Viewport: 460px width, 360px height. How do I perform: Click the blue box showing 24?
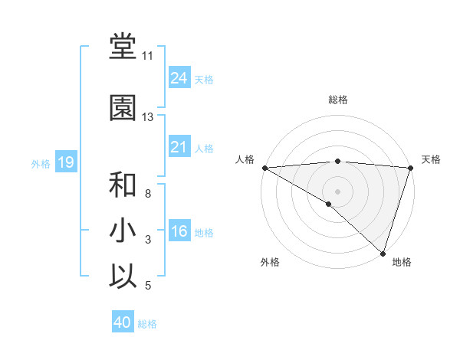[179, 78]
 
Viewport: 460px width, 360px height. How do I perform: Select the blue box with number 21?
[179, 147]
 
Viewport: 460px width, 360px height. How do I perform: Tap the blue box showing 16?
[179, 231]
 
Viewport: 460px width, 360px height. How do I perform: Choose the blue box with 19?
[65, 162]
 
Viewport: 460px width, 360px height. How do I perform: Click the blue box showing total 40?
[123, 322]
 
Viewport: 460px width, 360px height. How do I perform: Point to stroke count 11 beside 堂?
[147, 56]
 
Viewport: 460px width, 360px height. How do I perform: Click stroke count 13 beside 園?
[147, 117]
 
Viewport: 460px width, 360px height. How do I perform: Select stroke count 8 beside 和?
[147, 194]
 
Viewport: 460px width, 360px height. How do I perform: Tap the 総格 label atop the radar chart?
[337, 100]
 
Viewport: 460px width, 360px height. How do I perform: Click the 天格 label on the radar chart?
[431, 159]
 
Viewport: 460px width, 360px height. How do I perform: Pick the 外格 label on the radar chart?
[269, 262]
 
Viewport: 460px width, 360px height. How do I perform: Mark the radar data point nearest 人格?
[264, 168]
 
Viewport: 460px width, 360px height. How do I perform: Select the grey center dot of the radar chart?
[337, 191]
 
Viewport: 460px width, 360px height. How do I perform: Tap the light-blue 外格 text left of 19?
[40, 163]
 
